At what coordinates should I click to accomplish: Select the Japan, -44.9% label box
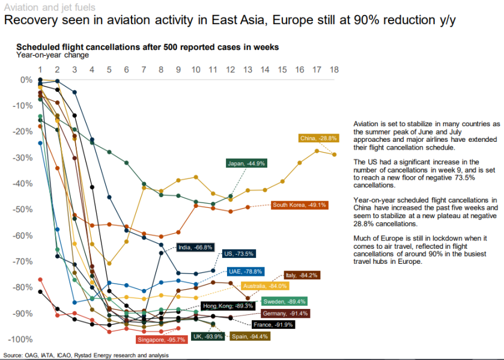point(246,163)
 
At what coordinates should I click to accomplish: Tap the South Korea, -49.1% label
point(299,205)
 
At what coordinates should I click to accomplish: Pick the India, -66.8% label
point(195,246)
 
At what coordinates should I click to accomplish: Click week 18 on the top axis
point(334,70)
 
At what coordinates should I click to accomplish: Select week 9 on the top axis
point(178,70)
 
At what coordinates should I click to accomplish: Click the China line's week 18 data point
point(335,154)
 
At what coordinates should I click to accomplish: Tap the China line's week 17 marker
point(317,150)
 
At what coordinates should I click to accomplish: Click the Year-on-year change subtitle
point(52,55)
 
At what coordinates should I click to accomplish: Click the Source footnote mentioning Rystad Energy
point(86,355)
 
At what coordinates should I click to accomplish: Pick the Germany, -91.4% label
point(285,314)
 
